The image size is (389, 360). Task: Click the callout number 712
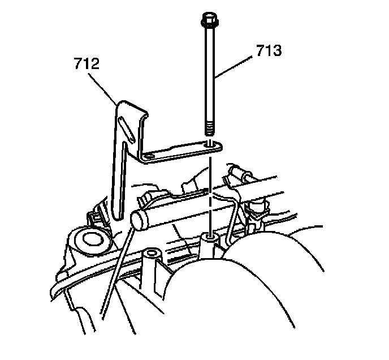[x=87, y=62]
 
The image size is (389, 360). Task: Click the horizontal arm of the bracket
[x=181, y=151]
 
